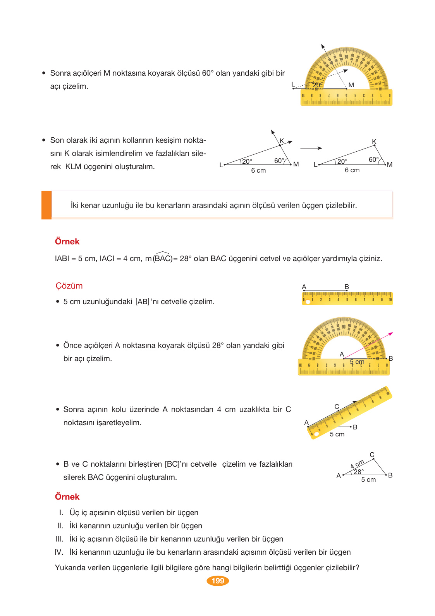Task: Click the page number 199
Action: click(x=218, y=581)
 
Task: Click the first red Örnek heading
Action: click(x=67, y=242)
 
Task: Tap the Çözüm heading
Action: click(x=69, y=286)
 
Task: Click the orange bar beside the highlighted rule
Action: click(x=46, y=205)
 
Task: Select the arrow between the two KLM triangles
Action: click(x=311, y=148)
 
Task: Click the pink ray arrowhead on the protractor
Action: click(x=390, y=334)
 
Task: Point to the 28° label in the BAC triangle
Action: click(x=358, y=472)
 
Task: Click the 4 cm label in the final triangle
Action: click(x=357, y=464)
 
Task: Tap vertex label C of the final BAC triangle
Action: click(x=372, y=455)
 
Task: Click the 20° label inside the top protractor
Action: click(x=317, y=85)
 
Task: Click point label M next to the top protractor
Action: click(x=351, y=85)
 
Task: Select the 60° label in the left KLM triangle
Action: click(x=279, y=161)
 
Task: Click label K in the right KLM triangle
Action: click(x=374, y=142)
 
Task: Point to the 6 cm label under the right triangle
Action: click(x=352, y=170)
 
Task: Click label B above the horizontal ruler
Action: click(x=347, y=287)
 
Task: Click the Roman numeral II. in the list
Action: click(x=60, y=526)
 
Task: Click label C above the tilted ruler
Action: click(x=337, y=407)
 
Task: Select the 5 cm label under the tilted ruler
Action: click(x=337, y=434)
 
